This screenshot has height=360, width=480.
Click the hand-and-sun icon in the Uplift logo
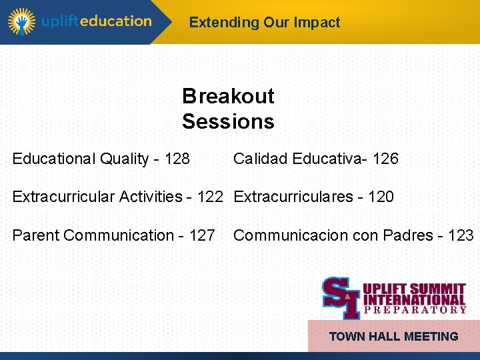21,21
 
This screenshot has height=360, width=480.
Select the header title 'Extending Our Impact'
264,22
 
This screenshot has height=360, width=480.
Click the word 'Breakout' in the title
228,96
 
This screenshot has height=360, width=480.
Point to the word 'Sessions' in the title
228,121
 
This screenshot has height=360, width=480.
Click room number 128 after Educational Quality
177,159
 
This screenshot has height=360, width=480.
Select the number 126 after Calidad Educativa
385,159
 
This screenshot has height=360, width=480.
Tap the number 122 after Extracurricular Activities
210,197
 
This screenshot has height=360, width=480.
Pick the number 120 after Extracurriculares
381,197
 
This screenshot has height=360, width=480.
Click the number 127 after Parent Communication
202,235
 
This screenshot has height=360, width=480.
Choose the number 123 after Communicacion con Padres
461,235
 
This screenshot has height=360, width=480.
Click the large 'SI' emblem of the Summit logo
341,297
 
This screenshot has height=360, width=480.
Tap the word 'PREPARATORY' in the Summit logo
415,309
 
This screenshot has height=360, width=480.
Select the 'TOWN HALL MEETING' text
393,337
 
